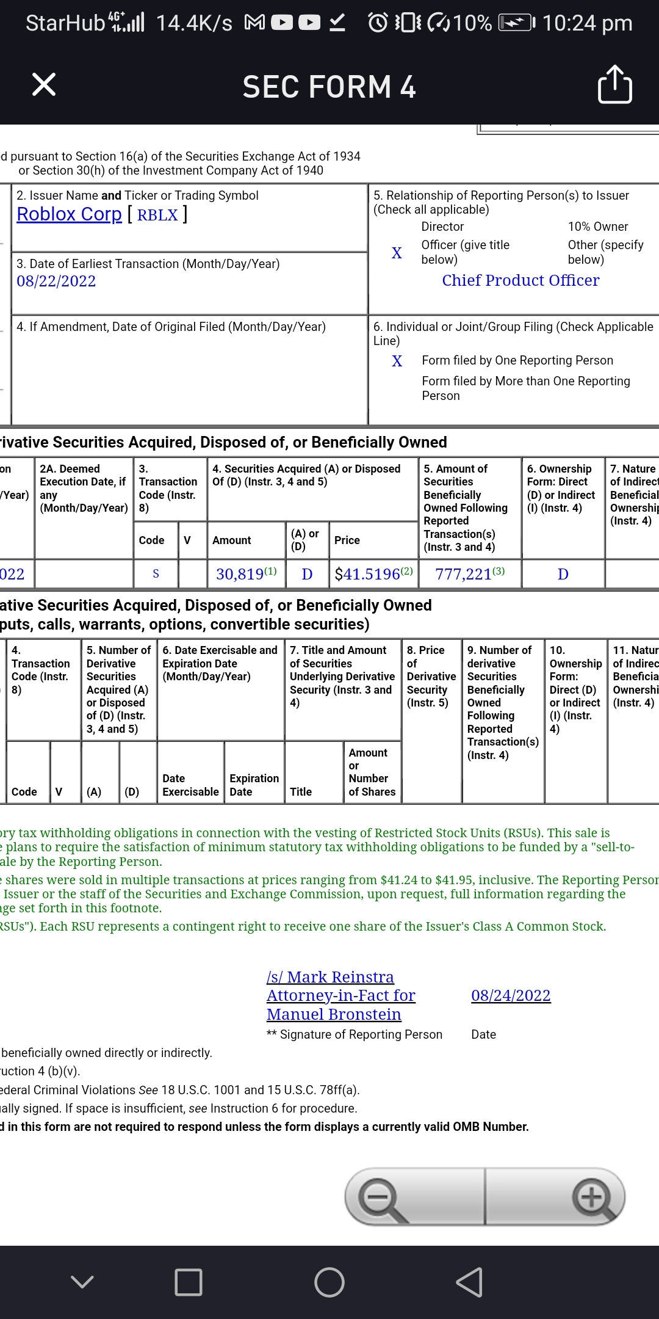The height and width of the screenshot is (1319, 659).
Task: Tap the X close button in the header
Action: point(44,84)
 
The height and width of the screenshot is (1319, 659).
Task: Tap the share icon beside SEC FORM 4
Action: point(614,84)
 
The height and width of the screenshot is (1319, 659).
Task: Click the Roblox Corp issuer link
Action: point(69,214)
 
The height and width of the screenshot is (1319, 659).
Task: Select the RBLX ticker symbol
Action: point(157,215)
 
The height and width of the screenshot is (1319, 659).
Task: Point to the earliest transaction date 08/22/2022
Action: point(56,281)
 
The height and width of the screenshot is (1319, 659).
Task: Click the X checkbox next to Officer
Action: point(397,253)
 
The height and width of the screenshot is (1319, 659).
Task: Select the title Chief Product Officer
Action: point(520,280)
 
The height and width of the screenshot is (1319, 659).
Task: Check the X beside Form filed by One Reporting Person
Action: point(397,361)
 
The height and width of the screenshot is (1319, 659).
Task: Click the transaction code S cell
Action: point(156,574)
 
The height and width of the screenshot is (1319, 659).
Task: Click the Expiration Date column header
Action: point(254,785)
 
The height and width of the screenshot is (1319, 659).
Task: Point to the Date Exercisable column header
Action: point(190,785)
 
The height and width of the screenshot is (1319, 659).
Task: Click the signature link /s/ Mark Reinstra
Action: point(330,977)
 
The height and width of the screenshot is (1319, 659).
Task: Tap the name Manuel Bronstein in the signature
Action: point(334,1014)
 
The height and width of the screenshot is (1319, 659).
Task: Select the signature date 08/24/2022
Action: point(511,995)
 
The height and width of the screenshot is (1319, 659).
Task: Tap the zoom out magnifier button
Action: point(382,1197)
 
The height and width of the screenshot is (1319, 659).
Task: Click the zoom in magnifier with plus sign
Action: point(592,1196)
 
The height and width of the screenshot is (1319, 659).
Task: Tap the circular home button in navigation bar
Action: point(329,1282)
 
